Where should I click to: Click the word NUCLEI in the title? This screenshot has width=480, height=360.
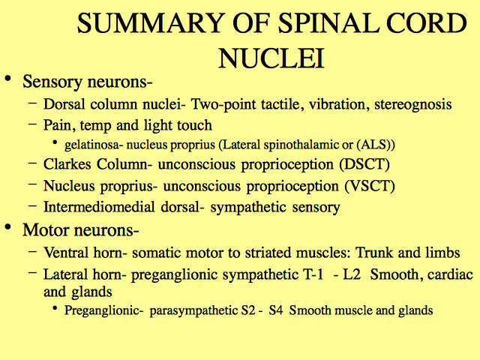click(271, 58)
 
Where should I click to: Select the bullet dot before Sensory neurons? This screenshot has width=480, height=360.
click(8, 78)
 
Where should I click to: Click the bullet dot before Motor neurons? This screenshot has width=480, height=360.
click(8, 226)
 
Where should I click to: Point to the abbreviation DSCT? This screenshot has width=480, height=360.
click(364, 164)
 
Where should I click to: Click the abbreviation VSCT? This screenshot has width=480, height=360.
click(370, 186)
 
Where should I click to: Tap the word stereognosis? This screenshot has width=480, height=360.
click(413, 105)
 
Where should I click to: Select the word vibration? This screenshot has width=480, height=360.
click(337, 104)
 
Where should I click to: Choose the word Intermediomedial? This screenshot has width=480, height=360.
click(99, 207)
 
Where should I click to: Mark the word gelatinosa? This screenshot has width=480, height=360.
click(91, 145)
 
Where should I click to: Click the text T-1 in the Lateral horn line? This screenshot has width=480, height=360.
click(313, 274)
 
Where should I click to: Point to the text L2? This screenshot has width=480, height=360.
click(352, 274)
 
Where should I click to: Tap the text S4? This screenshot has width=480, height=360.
click(276, 310)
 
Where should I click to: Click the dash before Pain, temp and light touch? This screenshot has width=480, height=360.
click(32, 124)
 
